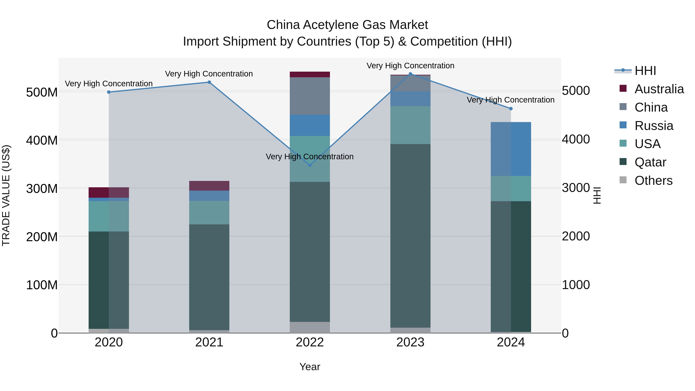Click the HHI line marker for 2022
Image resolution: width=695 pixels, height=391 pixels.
pos(310,165)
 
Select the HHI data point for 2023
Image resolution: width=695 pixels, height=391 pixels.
pos(410,74)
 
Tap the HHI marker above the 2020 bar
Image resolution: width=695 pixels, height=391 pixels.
pos(109,92)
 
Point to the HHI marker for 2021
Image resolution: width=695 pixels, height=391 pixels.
pos(209,82)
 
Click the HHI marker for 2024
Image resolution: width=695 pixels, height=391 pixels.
pos(511,109)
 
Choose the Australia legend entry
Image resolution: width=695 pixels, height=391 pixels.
pos(659,89)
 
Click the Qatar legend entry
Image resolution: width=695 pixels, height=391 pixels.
pos(650,162)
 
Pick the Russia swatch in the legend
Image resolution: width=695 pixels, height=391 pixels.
pos(623,125)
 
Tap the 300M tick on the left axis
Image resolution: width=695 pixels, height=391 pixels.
pos(42,188)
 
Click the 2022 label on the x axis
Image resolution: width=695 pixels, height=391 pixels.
pos(310,342)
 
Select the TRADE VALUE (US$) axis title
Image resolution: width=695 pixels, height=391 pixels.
pos(6,195)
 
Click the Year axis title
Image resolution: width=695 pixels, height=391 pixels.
pos(310,367)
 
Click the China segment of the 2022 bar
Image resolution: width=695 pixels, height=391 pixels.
pos(310,96)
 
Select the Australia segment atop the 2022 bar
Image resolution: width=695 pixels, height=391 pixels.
pos(310,75)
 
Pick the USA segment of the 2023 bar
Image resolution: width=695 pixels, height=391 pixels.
pos(410,125)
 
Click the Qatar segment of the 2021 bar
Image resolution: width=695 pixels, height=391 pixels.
pos(209,277)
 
